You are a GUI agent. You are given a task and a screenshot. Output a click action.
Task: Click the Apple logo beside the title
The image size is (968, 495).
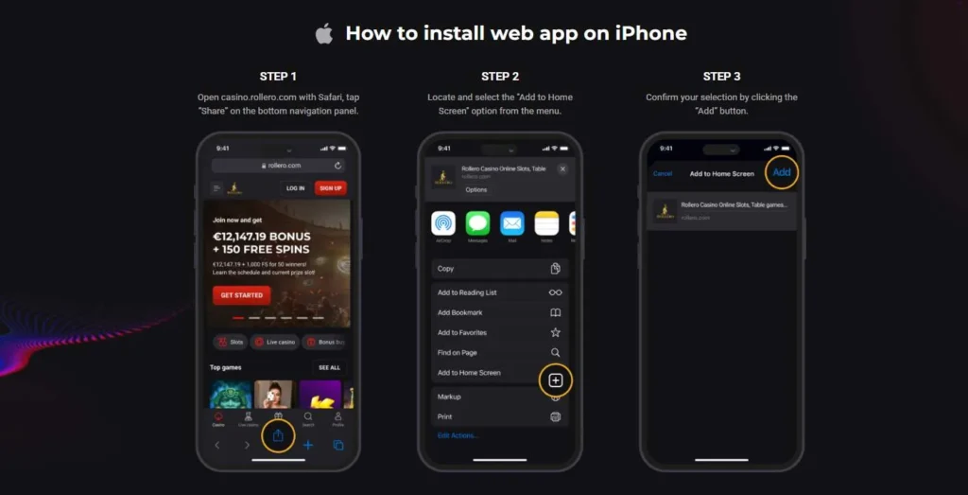click(324, 34)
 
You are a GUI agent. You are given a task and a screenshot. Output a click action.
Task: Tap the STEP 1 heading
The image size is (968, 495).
click(278, 77)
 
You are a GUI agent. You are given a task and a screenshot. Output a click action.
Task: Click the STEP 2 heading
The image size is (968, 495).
click(500, 77)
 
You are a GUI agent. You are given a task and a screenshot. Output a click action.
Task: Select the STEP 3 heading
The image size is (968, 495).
click(721, 77)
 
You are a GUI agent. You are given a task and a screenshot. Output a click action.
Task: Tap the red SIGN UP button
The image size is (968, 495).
click(330, 188)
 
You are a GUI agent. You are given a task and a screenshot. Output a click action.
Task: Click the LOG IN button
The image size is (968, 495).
click(295, 188)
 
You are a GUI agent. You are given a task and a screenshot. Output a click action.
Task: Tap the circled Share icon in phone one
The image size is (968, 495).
click(278, 435)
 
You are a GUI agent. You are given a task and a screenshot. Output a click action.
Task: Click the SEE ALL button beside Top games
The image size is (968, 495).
click(329, 367)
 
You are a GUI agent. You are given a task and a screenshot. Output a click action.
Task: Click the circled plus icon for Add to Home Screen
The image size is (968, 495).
click(556, 380)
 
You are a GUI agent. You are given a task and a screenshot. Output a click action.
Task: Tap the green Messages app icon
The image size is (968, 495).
click(477, 223)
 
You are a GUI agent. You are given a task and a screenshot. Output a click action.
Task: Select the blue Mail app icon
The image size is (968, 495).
click(512, 223)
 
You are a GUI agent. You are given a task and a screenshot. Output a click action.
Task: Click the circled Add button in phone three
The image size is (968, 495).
click(782, 172)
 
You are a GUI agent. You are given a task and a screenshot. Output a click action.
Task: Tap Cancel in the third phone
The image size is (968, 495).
click(663, 174)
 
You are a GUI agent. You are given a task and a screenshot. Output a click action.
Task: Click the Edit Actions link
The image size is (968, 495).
click(458, 435)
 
